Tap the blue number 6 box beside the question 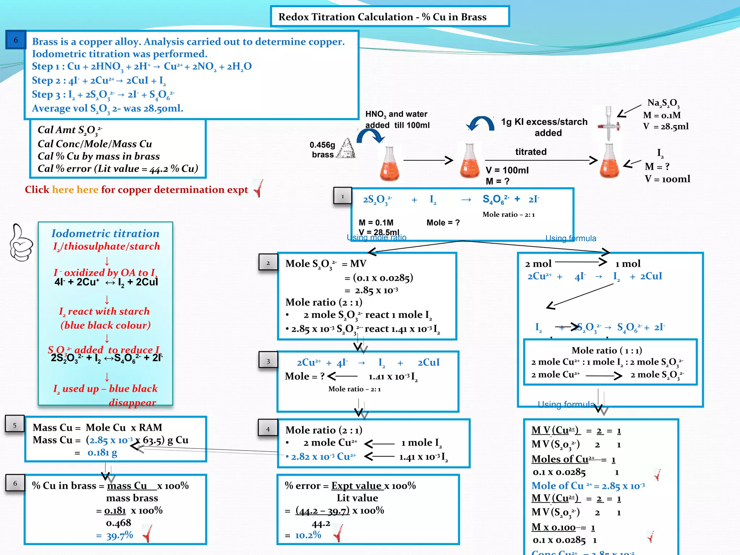[x=16, y=40]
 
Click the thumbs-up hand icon [x=21, y=242]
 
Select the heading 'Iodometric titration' [x=105, y=233]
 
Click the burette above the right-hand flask [x=608, y=123]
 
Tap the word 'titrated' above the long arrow [x=530, y=152]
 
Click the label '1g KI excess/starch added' [x=544, y=127]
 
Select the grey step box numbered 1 [x=343, y=196]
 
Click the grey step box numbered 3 [x=268, y=361]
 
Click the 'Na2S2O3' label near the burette [x=663, y=103]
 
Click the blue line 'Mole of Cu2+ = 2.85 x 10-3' [x=588, y=486]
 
